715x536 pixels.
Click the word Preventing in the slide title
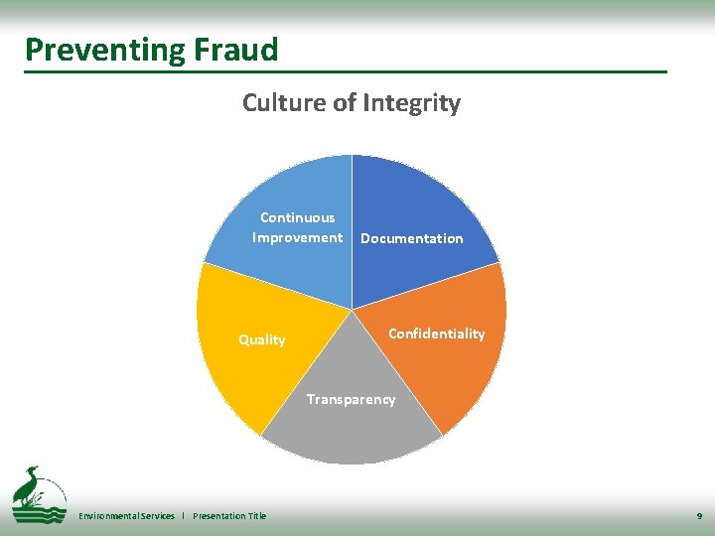click(89, 50)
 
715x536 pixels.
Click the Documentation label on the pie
click(411, 238)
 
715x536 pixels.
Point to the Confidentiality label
click(436, 334)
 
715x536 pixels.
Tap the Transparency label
click(351, 399)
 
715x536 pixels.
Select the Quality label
click(261, 339)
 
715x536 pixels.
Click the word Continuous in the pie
click(297, 217)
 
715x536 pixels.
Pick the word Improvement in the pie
click(297, 237)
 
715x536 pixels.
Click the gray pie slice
click(352, 437)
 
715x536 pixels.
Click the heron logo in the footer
click(38, 493)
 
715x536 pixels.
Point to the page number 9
click(699, 516)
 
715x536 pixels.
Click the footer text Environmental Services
click(126, 516)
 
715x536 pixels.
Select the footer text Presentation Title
click(229, 516)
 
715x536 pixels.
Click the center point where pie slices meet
click(352, 310)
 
